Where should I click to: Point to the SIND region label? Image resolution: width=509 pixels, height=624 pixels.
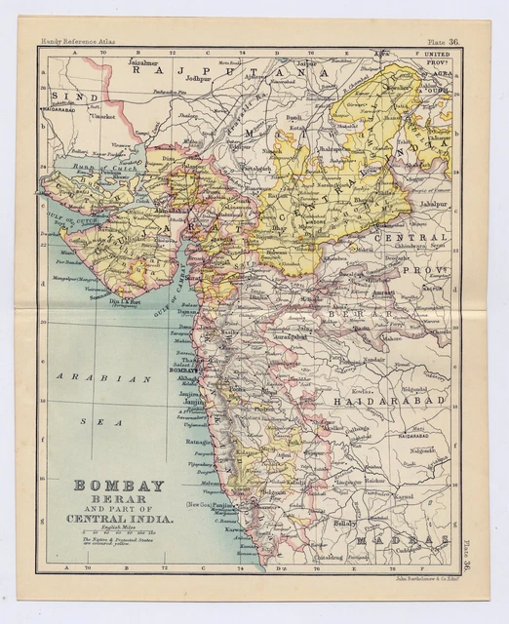pyautogui.click(x=67, y=97)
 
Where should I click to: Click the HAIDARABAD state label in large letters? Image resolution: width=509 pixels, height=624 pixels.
pyautogui.click(x=391, y=400)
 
